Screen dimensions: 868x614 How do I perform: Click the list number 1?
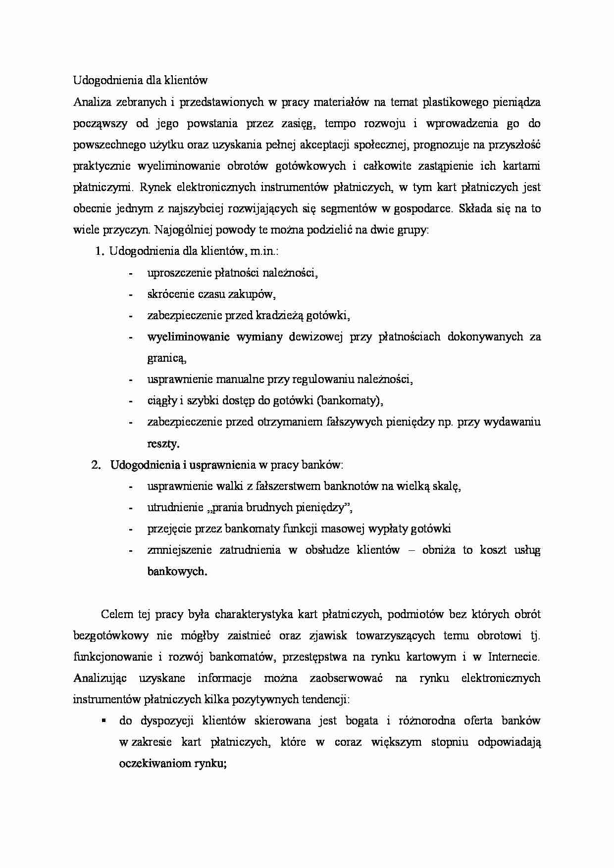click(98, 251)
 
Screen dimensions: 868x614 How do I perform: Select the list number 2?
click(97, 465)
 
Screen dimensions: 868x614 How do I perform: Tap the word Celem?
click(117, 615)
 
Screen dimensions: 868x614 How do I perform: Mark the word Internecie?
click(513, 657)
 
